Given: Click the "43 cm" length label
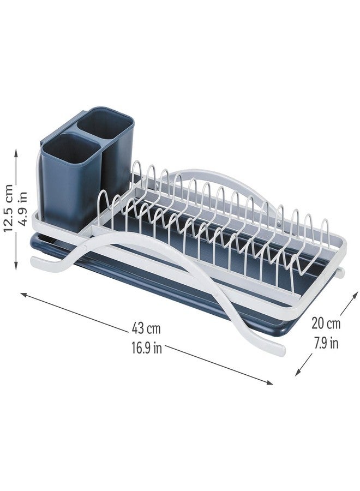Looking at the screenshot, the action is coord(146,328).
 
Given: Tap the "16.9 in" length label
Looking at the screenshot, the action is coord(147,348).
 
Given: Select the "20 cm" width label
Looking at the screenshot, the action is coord(326,323).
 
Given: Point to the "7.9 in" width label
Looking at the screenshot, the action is coord(326,343).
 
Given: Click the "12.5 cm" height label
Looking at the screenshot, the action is coord(8,208).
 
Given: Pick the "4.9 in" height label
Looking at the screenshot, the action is coord(23,208).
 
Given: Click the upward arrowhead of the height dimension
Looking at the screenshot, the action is coord(16,153).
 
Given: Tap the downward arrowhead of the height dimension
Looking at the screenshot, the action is coord(16,266).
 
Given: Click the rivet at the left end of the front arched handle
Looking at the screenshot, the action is coord(85,248).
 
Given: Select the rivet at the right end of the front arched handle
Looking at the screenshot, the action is coord(216,294).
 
